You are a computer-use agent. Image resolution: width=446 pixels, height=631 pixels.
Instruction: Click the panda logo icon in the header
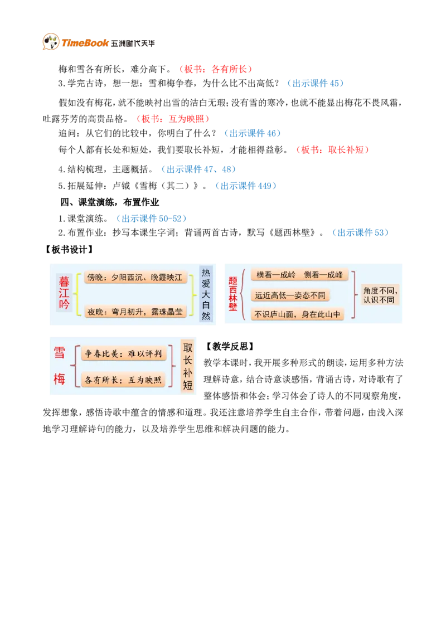tap(50, 42)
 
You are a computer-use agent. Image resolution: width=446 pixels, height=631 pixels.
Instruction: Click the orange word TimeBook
tap(85, 43)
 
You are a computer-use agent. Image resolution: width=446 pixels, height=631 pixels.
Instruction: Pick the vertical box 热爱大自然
tap(206, 294)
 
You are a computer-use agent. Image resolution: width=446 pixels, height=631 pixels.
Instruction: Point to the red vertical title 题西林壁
tap(233, 294)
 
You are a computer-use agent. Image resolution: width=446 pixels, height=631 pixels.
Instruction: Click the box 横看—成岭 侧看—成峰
tap(299, 275)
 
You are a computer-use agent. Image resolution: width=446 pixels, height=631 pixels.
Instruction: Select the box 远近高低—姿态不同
tap(290, 295)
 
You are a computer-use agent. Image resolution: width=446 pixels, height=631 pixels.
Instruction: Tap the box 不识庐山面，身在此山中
tap(297, 314)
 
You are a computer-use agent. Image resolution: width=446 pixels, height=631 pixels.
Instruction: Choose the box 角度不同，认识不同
tap(381, 295)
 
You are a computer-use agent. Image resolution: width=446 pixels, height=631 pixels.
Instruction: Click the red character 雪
tap(60, 352)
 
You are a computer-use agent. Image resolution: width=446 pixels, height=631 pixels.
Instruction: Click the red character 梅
tap(60, 379)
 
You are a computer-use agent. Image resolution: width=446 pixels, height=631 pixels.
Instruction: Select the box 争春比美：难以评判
tap(123, 353)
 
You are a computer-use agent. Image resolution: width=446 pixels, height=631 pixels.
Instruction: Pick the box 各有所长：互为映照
tap(123, 380)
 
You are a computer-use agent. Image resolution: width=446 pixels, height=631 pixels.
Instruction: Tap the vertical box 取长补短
tap(187, 366)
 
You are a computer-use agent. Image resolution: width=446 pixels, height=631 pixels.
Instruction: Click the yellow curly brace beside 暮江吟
tap(77, 294)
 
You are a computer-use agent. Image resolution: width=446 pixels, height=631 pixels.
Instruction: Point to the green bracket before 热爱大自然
tap(193, 294)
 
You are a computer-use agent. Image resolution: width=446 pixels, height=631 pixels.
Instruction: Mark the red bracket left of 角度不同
tap(355, 294)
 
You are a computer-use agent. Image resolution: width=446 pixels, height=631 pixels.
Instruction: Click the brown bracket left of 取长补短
tap(173, 366)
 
